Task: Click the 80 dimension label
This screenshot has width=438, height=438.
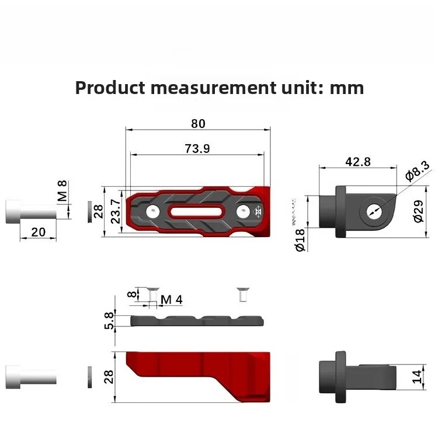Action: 198,123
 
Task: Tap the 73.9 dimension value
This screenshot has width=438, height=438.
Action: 197,148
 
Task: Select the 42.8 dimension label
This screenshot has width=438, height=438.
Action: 358,162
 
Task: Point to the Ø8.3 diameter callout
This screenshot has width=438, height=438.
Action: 418,171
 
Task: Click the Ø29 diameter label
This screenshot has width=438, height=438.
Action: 419,211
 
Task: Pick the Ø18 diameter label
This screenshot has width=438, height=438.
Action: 300,240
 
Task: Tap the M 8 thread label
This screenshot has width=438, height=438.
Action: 62,191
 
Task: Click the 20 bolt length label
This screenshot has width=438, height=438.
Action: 39,232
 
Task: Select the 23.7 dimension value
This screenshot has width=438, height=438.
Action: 116,211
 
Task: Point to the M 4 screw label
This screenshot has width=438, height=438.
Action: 172,300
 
